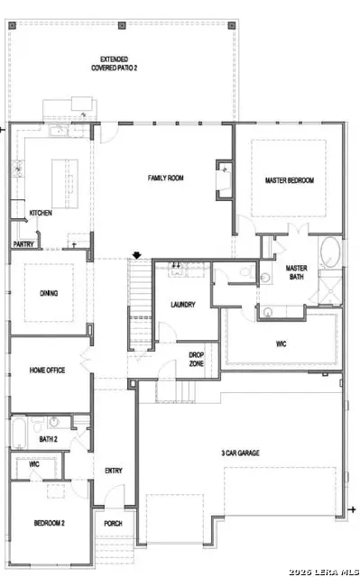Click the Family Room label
click(166, 179)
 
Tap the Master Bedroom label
click(289, 180)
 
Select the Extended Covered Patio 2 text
click(120, 63)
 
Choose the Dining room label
click(49, 293)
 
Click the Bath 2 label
click(49, 439)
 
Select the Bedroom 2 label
click(49, 523)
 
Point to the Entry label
click(114, 470)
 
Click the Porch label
click(114, 523)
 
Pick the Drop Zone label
click(196, 359)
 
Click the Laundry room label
click(183, 305)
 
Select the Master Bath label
click(297, 272)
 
